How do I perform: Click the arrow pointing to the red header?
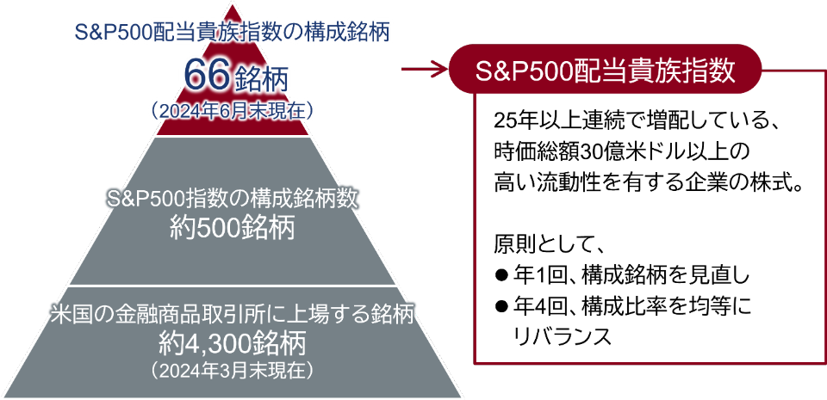(424, 69)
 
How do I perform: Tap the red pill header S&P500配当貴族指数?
(606, 69)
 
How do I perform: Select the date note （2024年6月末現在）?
(232, 110)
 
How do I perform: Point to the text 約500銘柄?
(232, 229)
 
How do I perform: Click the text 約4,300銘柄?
(233, 346)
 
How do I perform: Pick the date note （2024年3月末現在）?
(233, 370)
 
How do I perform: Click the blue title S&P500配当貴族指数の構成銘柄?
(232, 34)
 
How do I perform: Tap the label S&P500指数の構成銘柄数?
(233, 200)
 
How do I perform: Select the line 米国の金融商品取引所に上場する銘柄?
(233, 315)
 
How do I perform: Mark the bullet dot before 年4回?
(501, 305)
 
